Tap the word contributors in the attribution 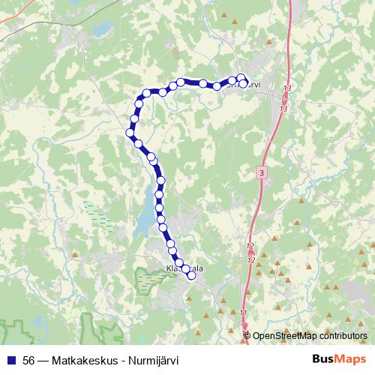click(x=342, y=336)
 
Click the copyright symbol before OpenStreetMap click(x=247, y=336)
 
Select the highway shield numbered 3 click(x=260, y=172)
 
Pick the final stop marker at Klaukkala click(x=191, y=275)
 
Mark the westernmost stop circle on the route click(x=129, y=133)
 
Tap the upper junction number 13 click(x=287, y=89)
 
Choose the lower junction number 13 click(x=282, y=109)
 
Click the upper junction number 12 click(x=250, y=246)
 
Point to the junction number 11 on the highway click(x=243, y=313)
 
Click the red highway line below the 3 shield click(x=258, y=202)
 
